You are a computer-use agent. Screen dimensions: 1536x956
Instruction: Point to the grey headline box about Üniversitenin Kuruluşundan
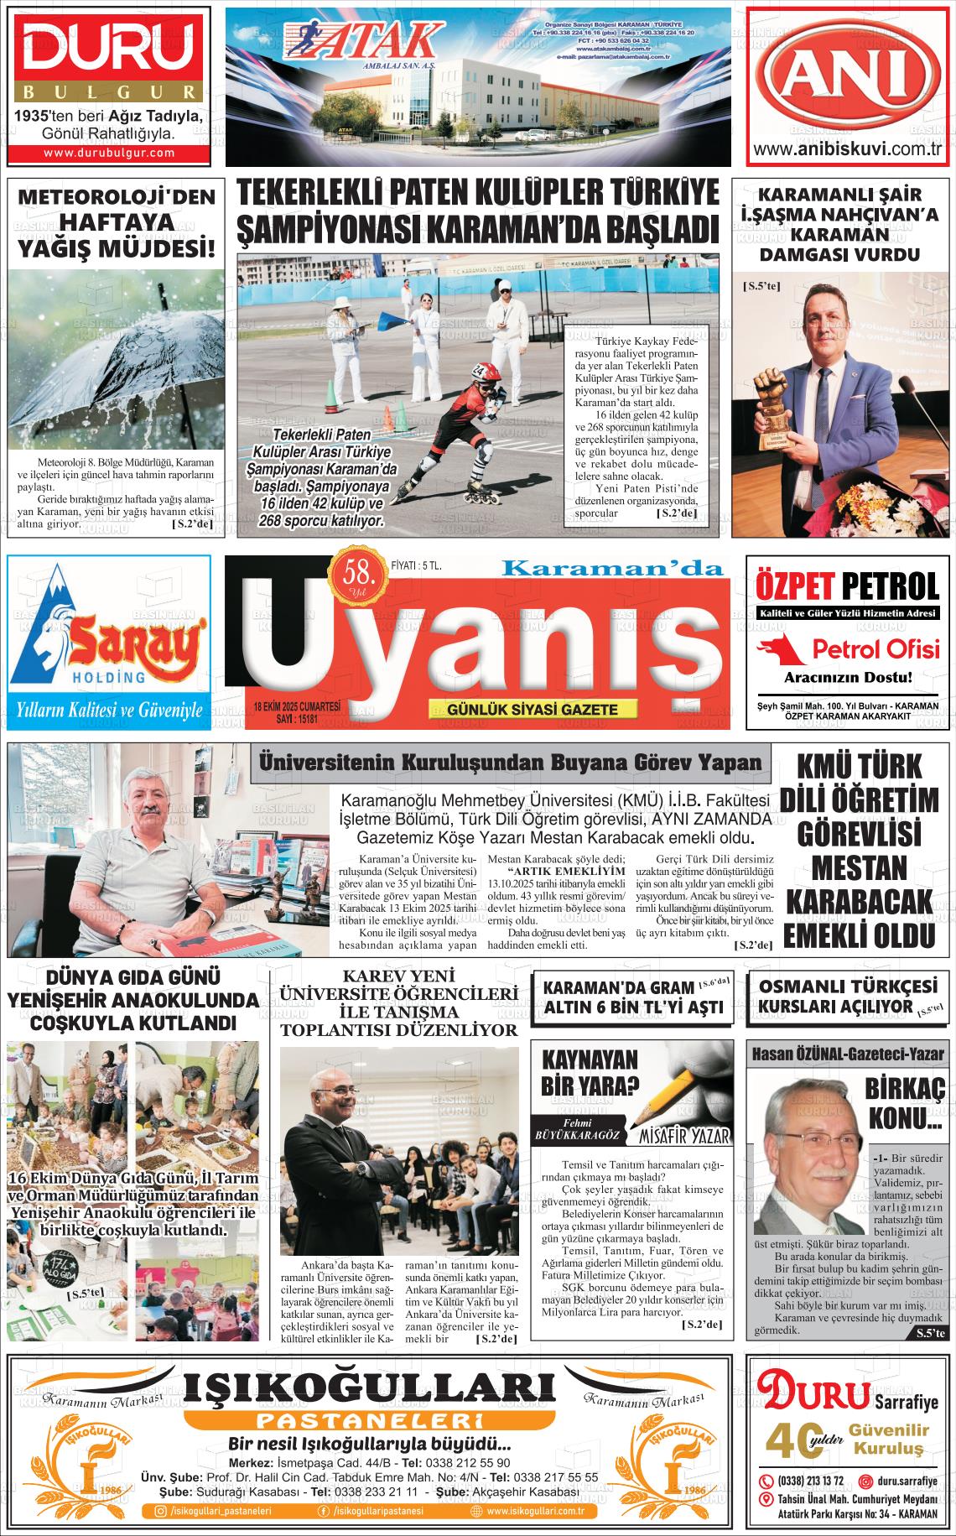coord(511,763)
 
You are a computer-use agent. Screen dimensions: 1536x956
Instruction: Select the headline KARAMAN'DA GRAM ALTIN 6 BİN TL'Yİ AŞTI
coord(629,996)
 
